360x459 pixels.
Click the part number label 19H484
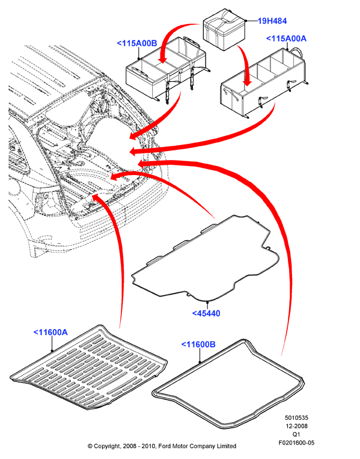pos(272,21)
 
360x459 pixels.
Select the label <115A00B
pos(137,43)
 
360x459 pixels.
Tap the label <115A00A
pos(286,39)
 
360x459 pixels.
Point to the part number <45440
pos(206,313)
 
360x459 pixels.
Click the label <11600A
pos(50,332)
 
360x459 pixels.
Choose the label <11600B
pos(198,344)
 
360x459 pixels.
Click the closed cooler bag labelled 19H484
pos(225,29)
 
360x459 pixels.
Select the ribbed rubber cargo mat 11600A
pos(89,368)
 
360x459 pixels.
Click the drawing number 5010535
pos(296,417)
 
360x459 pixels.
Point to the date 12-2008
pos(296,426)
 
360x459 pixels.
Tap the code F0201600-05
pos(296,443)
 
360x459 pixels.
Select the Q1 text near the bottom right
pos(296,434)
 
